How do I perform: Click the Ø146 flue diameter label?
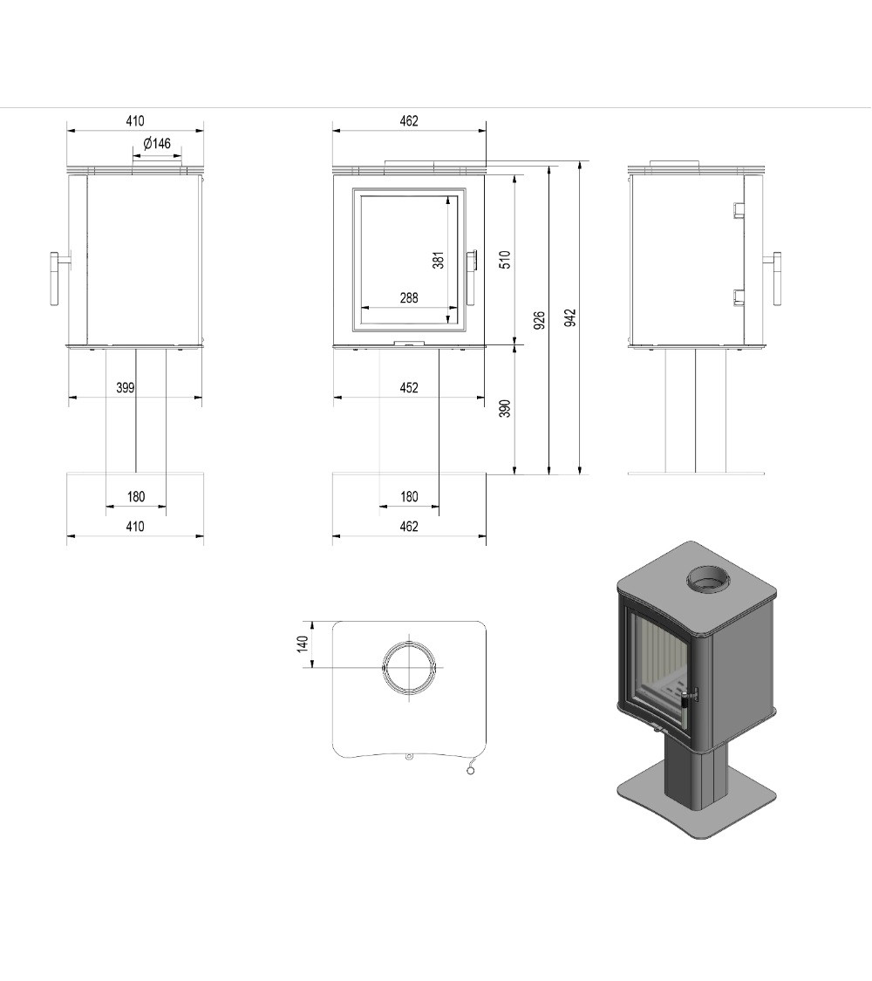point(157,144)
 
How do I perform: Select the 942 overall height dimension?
point(569,317)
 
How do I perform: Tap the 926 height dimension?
point(539,320)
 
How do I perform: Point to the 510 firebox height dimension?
point(505,260)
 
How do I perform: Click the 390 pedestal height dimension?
point(505,408)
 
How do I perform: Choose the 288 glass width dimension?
point(408,298)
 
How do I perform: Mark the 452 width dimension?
point(408,388)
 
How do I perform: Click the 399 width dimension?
point(126,388)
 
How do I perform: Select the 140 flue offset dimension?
point(303,644)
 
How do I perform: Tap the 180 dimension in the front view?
point(408,497)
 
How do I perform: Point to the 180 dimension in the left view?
point(136,497)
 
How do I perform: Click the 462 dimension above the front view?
point(408,121)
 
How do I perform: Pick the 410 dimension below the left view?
point(135,527)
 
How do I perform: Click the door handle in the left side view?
point(55,278)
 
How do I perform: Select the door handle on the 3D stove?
point(691,696)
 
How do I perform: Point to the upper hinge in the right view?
point(738,209)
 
